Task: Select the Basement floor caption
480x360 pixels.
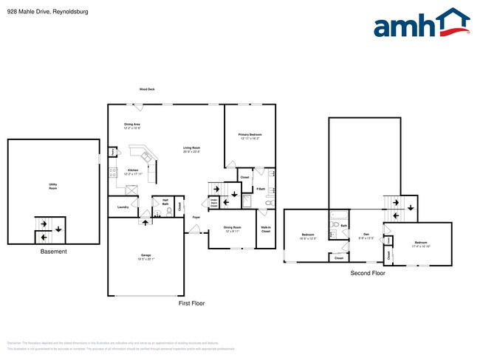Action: pyautogui.click(x=53, y=252)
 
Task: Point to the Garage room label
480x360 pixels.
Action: pyautogui.click(x=146, y=257)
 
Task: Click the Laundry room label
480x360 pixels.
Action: pyautogui.click(x=123, y=207)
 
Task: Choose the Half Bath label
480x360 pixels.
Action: pyautogui.click(x=165, y=202)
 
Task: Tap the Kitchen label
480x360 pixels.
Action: pyautogui.click(x=133, y=170)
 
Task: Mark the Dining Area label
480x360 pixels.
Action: pyautogui.click(x=133, y=125)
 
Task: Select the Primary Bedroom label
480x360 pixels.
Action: pyautogui.click(x=250, y=136)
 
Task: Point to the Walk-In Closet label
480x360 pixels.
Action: pyautogui.click(x=265, y=229)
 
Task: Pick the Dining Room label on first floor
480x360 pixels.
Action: pyautogui.click(x=232, y=229)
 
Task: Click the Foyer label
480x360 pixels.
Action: pyautogui.click(x=196, y=218)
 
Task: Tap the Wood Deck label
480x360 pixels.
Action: pyautogui.click(x=147, y=89)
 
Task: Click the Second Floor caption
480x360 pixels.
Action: pyautogui.click(x=368, y=273)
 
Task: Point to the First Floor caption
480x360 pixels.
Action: pyautogui.click(x=191, y=303)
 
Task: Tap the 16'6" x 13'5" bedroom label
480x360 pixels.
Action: pyautogui.click(x=308, y=237)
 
